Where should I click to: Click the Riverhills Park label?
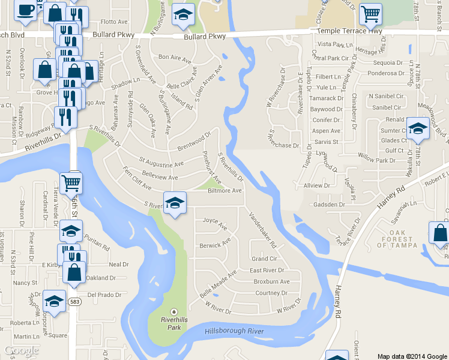[174, 320]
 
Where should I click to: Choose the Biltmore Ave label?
[224, 191]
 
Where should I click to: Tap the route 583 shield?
[74, 301]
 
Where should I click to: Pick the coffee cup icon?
[25, 10]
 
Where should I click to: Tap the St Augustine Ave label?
[161, 162]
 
